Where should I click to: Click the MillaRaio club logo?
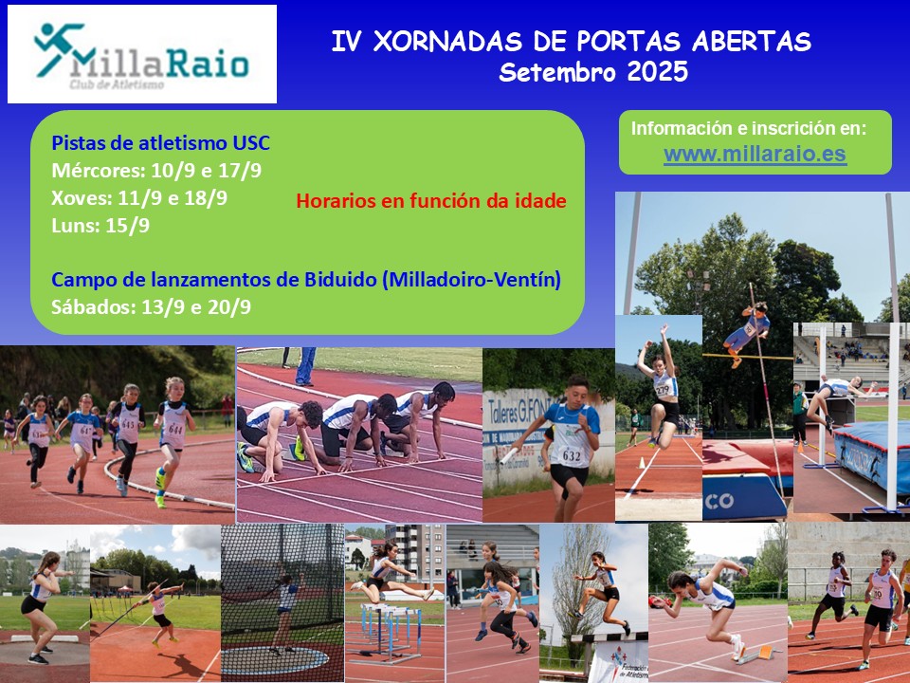pyautogui.click(x=141, y=55)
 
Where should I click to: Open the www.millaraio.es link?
pyautogui.click(x=755, y=154)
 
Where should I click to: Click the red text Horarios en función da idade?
pyautogui.click(x=431, y=201)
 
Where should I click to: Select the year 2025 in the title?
pyautogui.click(x=658, y=72)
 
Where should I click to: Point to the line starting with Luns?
pyautogui.click(x=100, y=226)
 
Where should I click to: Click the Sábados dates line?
pyautogui.click(x=151, y=306)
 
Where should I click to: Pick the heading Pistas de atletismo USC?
pyautogui.click(x=161, y=143)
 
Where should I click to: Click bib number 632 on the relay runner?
pyautogui.click(x=571, y=456)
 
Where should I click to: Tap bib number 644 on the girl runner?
pyautogui.click(x=175, y=430)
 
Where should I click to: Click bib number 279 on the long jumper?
pyautogui.click(x=663, y=389)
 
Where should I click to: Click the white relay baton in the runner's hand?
pyautogui.click(x=509, y=456)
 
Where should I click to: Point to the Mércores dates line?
pyautogui.click(x=156, y=171)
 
